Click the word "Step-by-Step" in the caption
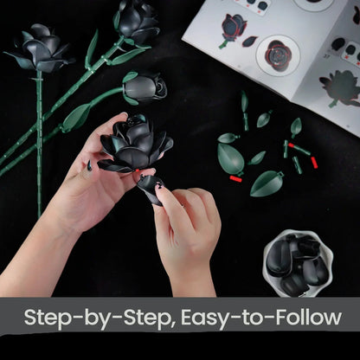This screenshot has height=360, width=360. tap(96, 316)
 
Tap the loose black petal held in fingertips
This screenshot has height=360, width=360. tap(150, 187)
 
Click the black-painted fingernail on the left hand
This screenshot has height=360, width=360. tap(88, 164)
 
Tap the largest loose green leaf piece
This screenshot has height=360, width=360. tap(231, 158)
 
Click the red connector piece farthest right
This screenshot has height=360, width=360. tap(314, 162)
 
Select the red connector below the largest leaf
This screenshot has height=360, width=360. tap(235, 179)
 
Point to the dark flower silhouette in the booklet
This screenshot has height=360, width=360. tap(339, 87)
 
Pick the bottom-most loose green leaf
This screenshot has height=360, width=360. tap(267, 183)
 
